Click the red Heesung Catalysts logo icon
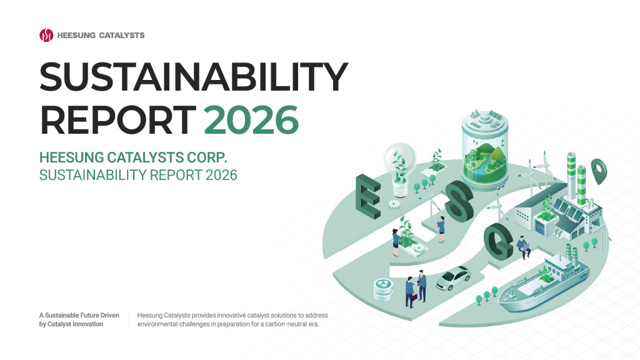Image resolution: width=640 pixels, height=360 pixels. coord(46,35)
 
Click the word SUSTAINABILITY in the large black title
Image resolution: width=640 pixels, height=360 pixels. coord(194,77)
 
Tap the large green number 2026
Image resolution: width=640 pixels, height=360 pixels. coord(251,119)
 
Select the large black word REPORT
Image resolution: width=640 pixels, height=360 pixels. coord(118,119)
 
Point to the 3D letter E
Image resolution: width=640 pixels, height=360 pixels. coord(368,196)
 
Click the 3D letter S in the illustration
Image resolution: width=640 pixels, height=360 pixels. coord(459,201)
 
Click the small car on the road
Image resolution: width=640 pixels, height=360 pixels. coord(453,278)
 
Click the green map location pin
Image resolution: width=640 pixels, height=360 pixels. coord(599,170)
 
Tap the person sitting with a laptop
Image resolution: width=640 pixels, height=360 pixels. coord(523,247)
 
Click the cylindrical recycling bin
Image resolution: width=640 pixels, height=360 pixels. coord(384,289)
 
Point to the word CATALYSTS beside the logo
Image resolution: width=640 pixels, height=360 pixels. coord(122,36)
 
